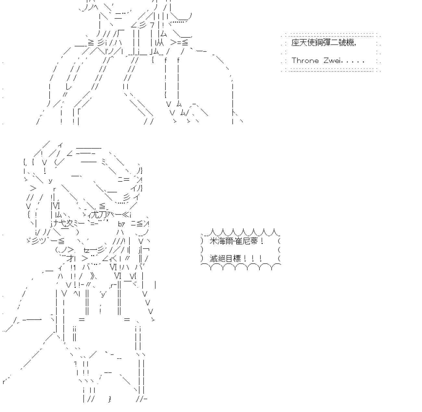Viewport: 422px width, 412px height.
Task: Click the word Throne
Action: [x=305, y=61]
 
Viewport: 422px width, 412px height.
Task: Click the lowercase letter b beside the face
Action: [x=120, y=224]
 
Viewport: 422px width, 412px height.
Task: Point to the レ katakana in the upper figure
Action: [x=68, y=87]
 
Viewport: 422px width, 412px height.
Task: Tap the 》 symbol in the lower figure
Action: [x=93, y=276]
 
